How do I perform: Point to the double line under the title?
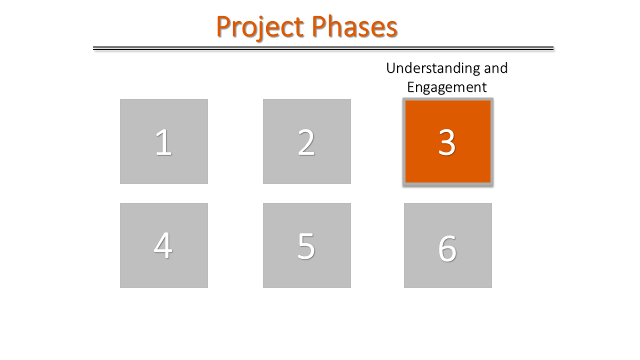(x=323, y=48)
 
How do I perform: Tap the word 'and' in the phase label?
(x=493, y=68)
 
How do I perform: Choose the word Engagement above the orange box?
(x=446, y=87)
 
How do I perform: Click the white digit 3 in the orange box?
(x=447, y=142)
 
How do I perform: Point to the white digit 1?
(x=163, y=142)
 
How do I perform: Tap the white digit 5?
(x=306, y=246)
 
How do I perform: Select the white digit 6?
(x=447, y=248)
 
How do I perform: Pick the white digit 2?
(x=306, y=142)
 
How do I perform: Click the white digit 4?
(x=163, y=246)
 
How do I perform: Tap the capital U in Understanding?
(x=391, y=68)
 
